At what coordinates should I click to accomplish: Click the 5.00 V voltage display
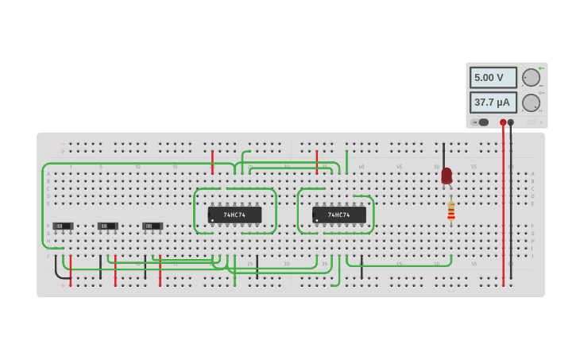pos(493,77)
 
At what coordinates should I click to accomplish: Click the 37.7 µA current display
pos(493,103)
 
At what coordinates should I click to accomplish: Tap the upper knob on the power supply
pos(530,77)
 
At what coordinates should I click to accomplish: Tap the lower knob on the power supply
pos(530,103)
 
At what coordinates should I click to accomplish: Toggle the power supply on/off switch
pos(480,122)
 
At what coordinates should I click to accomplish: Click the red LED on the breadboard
pos(446,176)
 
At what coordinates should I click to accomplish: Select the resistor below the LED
pos(451,210)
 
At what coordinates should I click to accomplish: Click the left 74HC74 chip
pos(234,215)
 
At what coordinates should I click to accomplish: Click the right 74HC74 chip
pos(339,215)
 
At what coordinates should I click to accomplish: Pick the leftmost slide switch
pos(63,226)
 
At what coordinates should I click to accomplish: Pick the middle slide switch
pos(107,226)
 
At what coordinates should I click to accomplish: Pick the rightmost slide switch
pos(153,226)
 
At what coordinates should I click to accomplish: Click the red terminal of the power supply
pos(503,122)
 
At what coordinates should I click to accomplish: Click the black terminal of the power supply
pos(511,122)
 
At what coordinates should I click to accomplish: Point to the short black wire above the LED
pos(444,155)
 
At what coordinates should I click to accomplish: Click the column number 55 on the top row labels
pos(474,167)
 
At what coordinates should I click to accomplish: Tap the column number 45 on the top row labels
pos(399,167)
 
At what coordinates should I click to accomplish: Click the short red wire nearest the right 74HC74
pos(317,161)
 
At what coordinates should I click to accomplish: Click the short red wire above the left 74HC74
pos(212,161)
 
